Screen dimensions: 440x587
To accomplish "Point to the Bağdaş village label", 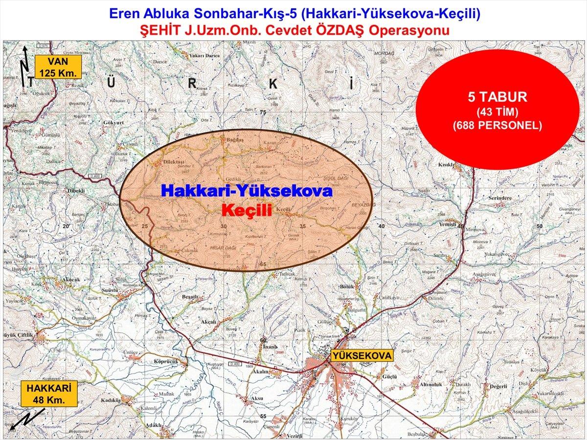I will (x=233, y=140).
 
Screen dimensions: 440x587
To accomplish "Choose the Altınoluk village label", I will (x=431, y=385).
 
